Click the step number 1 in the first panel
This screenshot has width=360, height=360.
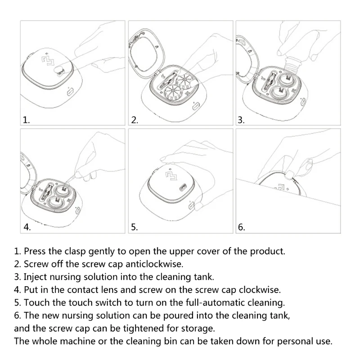tap(26, 120)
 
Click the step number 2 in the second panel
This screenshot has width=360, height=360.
tap(134, 120)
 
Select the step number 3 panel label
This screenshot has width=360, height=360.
tap(241, 120)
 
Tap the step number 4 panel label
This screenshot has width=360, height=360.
tap(27, 227)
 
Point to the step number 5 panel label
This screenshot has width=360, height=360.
tap(134, 227)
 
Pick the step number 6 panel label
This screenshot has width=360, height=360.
tap(241, 227)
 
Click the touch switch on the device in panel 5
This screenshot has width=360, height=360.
tap(183, 186)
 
